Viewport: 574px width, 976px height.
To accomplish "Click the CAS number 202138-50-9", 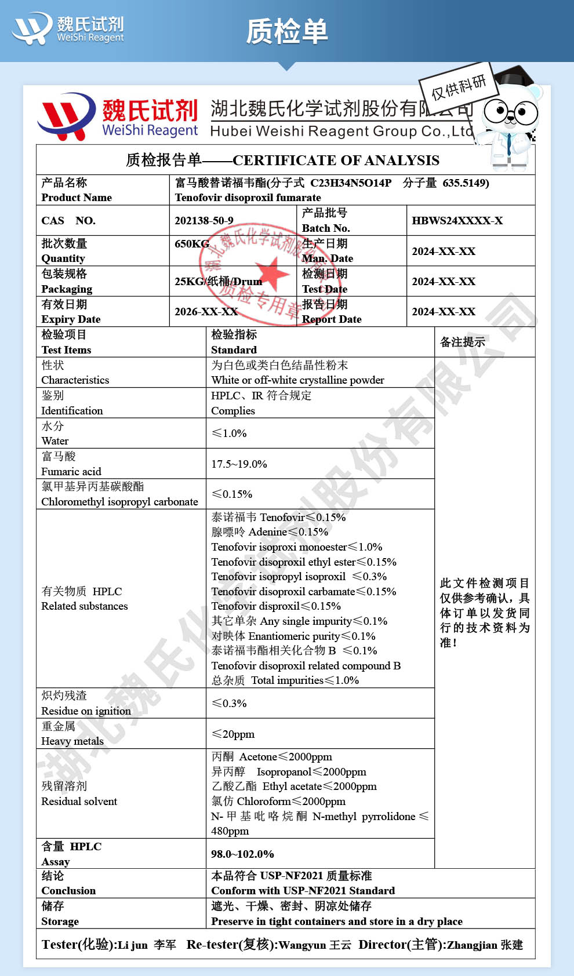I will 204,221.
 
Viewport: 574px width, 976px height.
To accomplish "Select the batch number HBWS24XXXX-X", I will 457,221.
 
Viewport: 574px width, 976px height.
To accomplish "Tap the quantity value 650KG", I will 192,243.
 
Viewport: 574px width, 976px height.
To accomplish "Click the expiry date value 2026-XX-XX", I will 206,312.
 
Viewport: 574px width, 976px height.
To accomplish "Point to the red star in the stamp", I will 271,272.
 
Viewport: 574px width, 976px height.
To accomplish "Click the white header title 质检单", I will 287,31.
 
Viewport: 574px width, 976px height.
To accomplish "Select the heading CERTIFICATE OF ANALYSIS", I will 336,161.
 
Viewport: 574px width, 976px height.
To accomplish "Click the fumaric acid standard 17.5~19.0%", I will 239,464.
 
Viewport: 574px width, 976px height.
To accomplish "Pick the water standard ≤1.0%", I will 229,434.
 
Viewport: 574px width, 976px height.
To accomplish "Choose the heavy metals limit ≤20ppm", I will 233,734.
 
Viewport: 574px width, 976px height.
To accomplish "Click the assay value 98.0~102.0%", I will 242,854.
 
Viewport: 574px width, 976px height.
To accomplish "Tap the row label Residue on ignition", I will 86,711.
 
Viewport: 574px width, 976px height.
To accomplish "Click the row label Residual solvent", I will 79,802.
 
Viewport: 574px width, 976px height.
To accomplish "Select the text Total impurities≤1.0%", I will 305,680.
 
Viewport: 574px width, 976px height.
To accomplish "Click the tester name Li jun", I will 133,945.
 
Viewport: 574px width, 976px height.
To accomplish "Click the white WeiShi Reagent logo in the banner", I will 68,29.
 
